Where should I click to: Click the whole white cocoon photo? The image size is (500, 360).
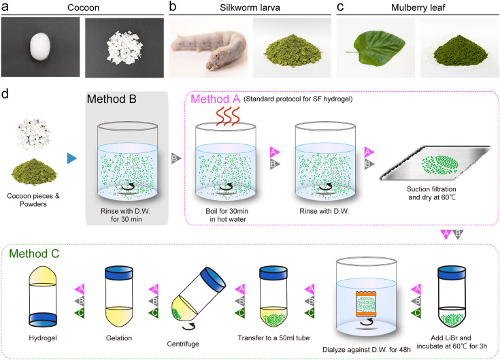(x=40, y=47)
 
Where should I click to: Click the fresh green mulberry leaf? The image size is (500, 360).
(x=376, y=48)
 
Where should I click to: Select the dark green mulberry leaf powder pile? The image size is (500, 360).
(x=460, y=51)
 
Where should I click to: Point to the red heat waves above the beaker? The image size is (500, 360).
(x=228, y=116)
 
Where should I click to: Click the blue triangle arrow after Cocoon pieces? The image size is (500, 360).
(x=71, y=158)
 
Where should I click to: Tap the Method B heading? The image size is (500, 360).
(x=112, y=99)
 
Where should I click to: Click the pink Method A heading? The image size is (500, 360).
(x=215, y=99)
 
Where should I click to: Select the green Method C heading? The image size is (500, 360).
(x=34, y=254)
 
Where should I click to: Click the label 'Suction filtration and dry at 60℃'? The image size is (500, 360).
(x=432, y=193)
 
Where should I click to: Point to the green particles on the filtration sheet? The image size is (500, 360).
(x=440, y=165)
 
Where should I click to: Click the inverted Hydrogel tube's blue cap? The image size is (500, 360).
(x=43, y=319)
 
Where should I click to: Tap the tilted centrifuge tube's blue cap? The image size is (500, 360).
(x=213, y=279)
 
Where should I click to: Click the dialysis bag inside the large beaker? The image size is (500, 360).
(x=367, y=304)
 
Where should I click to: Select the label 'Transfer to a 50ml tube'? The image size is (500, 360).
(x=273, y=338)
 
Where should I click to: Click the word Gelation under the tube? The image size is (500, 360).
(x=119, y=338)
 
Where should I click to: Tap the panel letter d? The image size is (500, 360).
(x=5, y=94)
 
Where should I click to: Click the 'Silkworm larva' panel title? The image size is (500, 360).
(x=250, y=7)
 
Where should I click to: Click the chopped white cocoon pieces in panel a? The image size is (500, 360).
(x=124, y=48)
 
